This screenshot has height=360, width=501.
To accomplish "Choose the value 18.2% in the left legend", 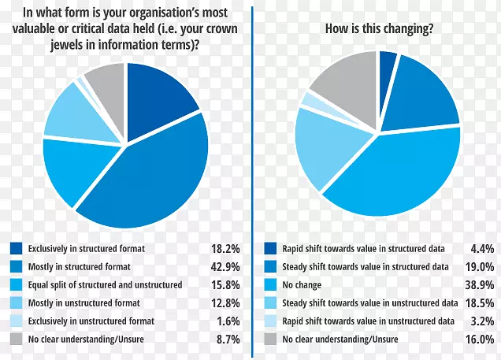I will coord(225,249).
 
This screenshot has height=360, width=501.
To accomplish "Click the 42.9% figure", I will coord(225,267).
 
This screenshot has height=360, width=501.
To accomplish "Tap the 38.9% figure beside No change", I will coord(480,285).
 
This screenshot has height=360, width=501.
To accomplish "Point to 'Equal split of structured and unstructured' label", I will coord(105,285).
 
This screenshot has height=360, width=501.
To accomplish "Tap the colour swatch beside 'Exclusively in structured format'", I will coord(16,249).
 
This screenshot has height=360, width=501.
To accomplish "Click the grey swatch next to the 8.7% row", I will coord(16,340).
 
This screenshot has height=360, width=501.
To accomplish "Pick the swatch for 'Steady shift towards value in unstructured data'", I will coord(271,303).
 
